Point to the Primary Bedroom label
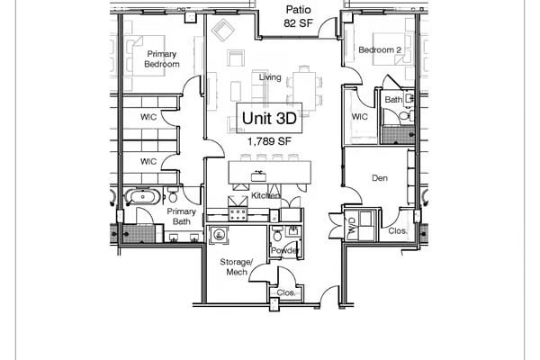(x=163, y=59)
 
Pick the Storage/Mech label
(x=237, y=266)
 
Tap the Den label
(x=380, y=178)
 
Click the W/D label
(x=352, y=230)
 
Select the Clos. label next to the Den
(x=397, y=231)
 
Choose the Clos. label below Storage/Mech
(x=285, y=293)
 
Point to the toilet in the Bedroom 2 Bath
(x=404, y=115)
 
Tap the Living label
(x=270, y=77)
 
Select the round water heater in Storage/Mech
(x=219, y=236)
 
